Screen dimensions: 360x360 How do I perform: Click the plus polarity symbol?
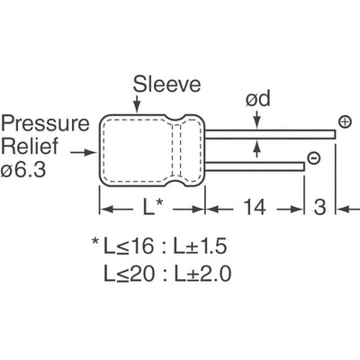[x=344, y=121]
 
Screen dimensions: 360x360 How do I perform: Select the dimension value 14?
[x=254, y=209]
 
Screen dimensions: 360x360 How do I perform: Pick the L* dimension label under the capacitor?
[x=152, y=209]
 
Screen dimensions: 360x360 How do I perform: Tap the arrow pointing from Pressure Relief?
[x=88, y=152]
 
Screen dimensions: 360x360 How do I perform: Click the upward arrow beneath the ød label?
[x=257, y=149]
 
